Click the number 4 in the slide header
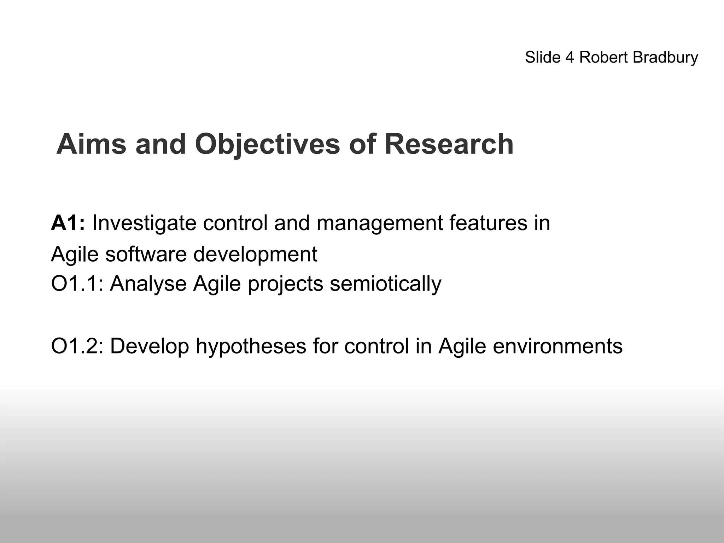point(570,57)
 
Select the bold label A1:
point(68,223)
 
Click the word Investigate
point(144,223)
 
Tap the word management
point(379,224)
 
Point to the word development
point(256,255)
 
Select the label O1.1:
point(77,284)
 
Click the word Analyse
point(148,284)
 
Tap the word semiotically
point(386,284)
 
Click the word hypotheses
point(251,346)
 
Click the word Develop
point(150,346)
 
